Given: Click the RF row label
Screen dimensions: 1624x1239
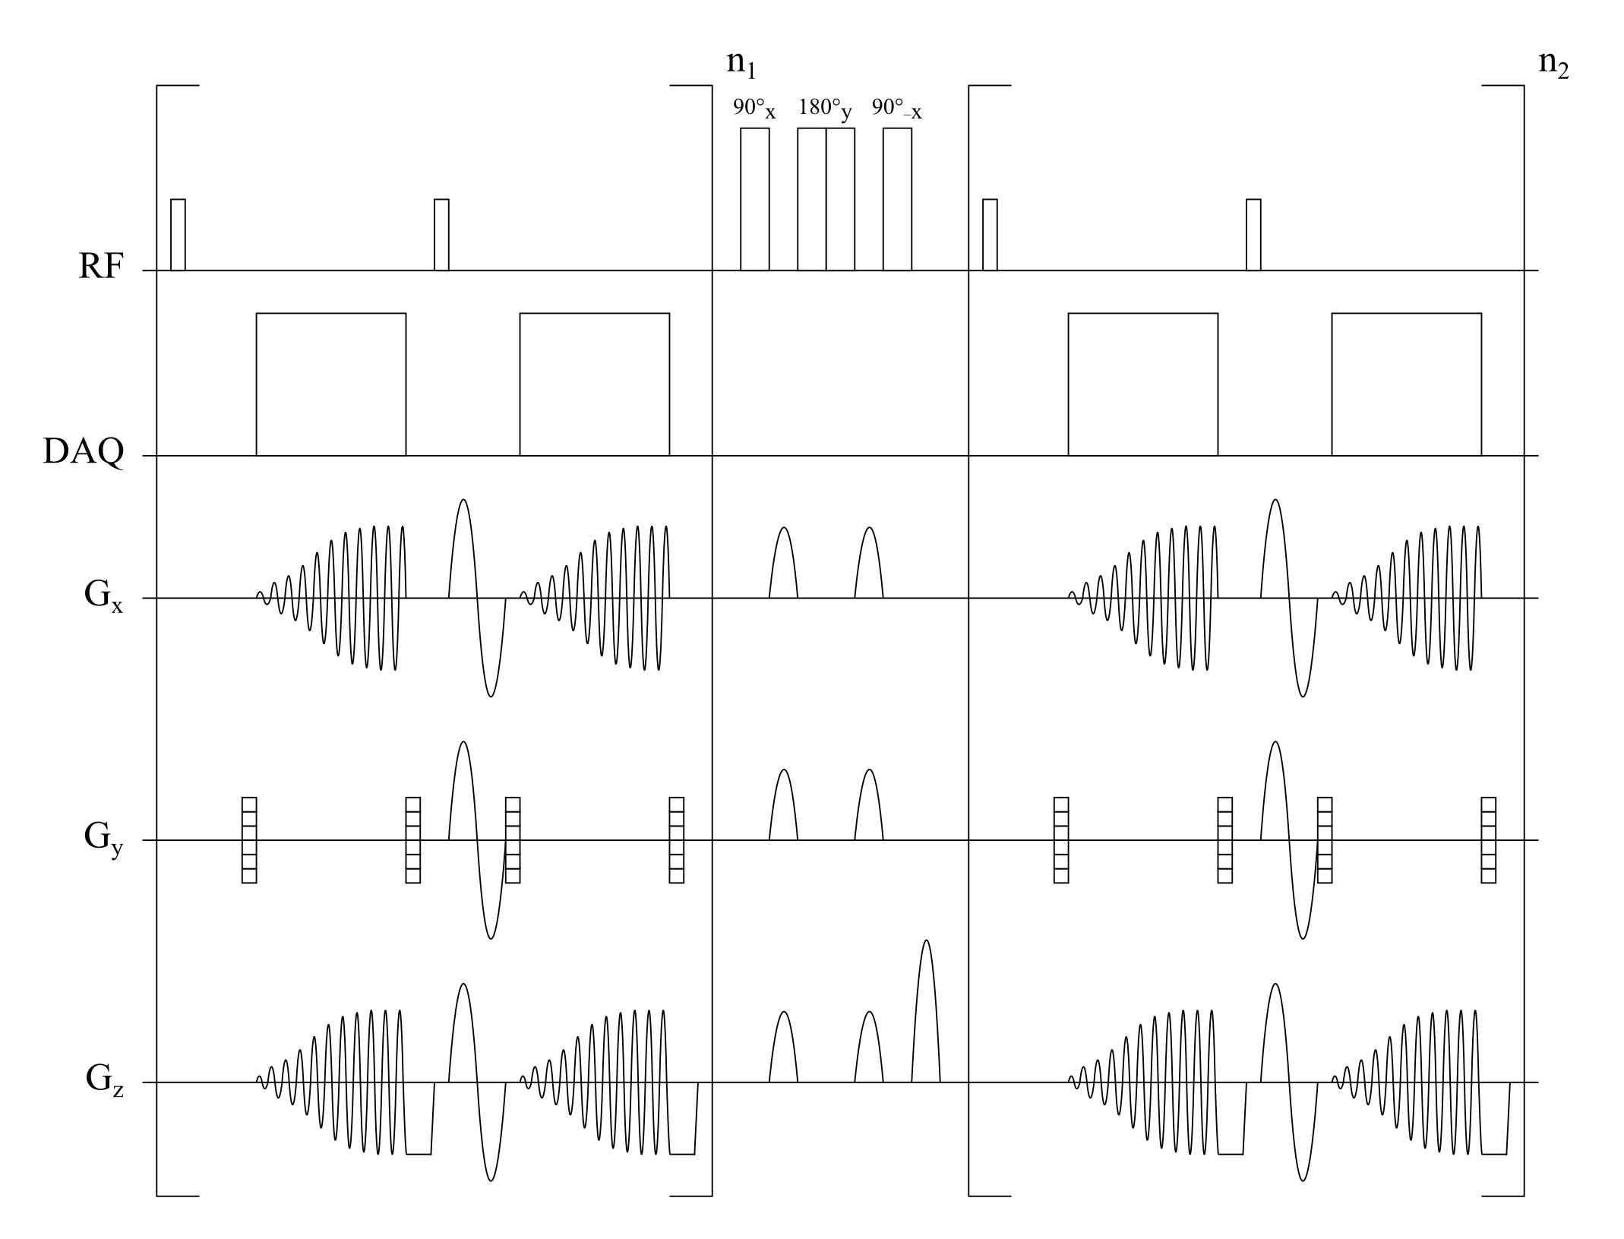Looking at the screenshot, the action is pyautogui.click(x=100, y=267).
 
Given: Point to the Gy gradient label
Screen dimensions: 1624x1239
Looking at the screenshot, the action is pyautogui.click(x=103, y=839).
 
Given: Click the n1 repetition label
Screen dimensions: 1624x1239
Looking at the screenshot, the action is pyautogui.click(x=741, y=64).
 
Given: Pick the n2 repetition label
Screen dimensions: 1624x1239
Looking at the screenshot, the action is pyautogui.click(x=1553, y=64).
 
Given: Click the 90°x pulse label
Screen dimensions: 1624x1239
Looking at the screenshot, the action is pyautogui.click(x=754, y=109).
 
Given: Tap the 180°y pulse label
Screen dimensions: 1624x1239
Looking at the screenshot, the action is pyautogui.click(x=825, y=109).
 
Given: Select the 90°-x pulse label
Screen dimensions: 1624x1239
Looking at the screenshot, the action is pyautogui.click(x=897, y=109).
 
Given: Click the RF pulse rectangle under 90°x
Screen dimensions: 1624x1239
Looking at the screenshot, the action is pyautogui.click(x=755, y=199).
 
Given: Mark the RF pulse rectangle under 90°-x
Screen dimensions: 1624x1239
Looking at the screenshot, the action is pyautogui.click(x=897, y=199).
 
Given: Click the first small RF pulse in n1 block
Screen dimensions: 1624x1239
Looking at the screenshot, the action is pyautogui.click(x=178, y=235).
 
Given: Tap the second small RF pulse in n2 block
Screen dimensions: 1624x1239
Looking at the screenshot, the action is pyautogui.click(x=1253, y=235).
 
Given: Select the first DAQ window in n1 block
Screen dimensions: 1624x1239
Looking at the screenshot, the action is pyautogui.click(x=331, y=384).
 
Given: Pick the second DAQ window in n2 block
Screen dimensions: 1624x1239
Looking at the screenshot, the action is pyautogui.click(x=1407, y=384).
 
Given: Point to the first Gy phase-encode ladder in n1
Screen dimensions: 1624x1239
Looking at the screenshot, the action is pyautogui.click(x=249, y=839).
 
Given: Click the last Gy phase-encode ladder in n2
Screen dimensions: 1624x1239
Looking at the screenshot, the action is pyautogui.click(x=1489, y=839).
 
